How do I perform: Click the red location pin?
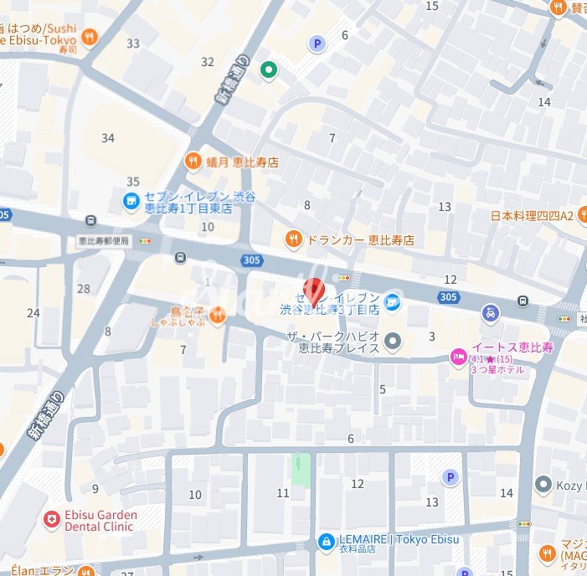313,290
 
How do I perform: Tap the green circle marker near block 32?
268,69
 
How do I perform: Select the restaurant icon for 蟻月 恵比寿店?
193,162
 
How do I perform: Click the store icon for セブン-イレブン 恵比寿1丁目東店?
131,201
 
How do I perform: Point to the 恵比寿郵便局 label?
104,240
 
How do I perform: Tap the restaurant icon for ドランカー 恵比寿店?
292,239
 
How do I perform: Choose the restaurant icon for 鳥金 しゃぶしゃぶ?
217,315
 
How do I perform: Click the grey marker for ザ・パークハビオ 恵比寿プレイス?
394,341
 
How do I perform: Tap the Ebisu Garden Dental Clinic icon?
52,520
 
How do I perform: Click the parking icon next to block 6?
317,44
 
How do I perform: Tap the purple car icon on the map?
490,313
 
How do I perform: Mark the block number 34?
107,138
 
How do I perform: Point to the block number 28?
83,289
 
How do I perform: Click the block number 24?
33,313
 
